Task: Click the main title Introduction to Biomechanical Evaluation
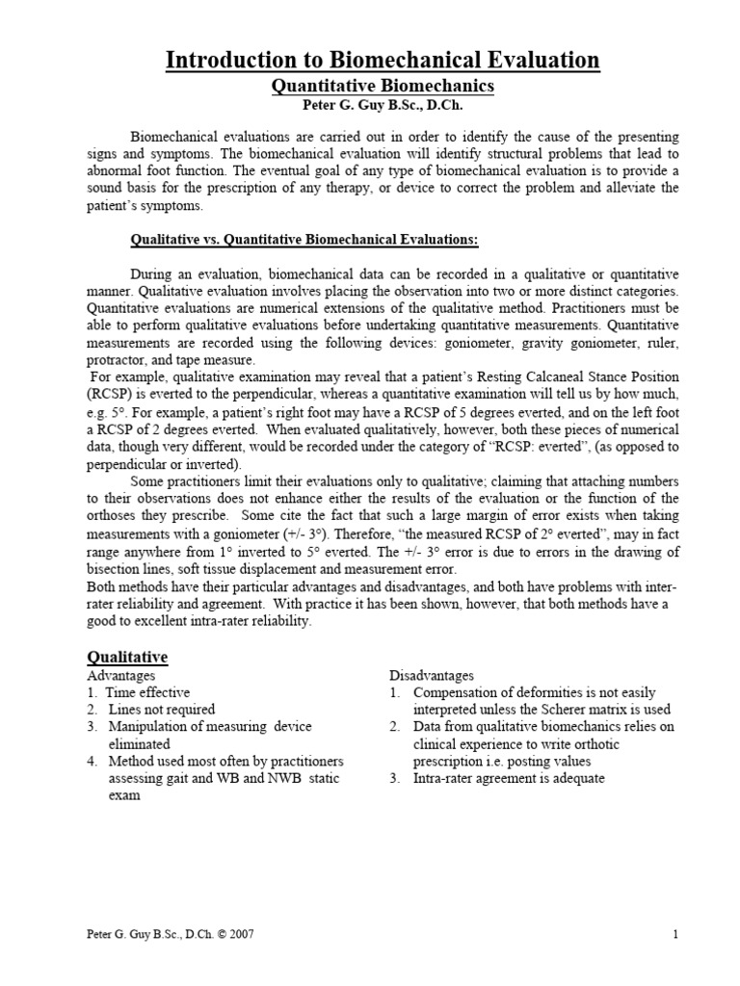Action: point(383,60)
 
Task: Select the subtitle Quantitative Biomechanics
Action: point(383,87)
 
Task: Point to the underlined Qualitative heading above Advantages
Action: point(127,657)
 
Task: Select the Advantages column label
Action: point(121,676)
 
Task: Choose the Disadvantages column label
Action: point(432,676)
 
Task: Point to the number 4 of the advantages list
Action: point(91,762)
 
